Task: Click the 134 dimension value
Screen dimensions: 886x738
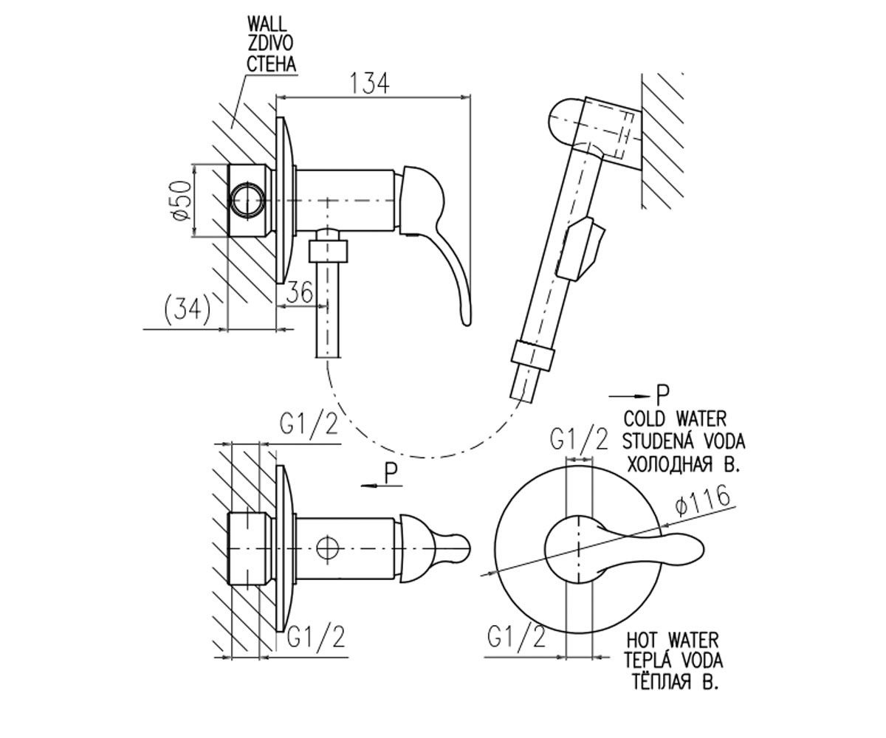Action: tap(370, 83)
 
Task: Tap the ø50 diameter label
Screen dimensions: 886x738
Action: tap(181, 200)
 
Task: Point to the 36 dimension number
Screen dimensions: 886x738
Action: tap(299, 292)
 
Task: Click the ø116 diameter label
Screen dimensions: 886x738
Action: tap(702, 500)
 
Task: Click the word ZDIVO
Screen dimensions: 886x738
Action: tap(270, 44)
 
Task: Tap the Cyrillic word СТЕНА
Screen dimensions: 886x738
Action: tap(271, 64)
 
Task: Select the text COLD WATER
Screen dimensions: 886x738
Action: tap(675, 419)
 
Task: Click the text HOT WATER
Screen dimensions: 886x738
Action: tap(673, 640)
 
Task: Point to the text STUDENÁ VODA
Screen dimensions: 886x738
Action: tap(683, 441)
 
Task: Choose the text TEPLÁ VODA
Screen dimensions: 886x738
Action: tap(674, 660)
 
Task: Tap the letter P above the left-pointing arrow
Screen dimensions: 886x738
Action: tap(391, 472)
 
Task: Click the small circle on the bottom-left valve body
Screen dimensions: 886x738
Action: tap(328, 549)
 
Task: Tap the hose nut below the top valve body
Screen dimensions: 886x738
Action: tap(329, 251)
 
